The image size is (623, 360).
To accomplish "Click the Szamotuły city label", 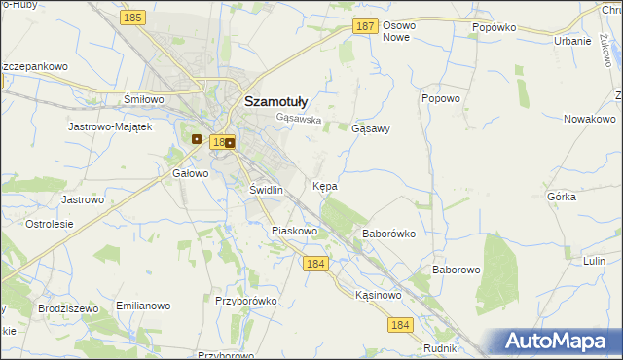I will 276,99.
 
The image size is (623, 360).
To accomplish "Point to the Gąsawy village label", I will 370,128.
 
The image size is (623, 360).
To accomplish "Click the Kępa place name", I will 325,185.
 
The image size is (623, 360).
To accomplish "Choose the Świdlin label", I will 266,190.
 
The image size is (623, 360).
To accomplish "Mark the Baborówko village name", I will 388,234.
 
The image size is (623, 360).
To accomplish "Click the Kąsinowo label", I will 379,294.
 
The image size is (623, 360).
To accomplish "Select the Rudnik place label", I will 441,347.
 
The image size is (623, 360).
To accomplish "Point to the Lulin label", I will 595,261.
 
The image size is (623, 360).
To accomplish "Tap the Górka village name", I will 562,196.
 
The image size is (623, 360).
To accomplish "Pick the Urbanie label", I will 572,41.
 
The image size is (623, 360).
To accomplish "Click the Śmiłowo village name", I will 142,99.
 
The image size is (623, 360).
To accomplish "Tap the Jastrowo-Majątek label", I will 110,126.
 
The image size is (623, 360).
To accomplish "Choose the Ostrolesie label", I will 50,224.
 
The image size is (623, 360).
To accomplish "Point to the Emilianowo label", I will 136,306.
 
